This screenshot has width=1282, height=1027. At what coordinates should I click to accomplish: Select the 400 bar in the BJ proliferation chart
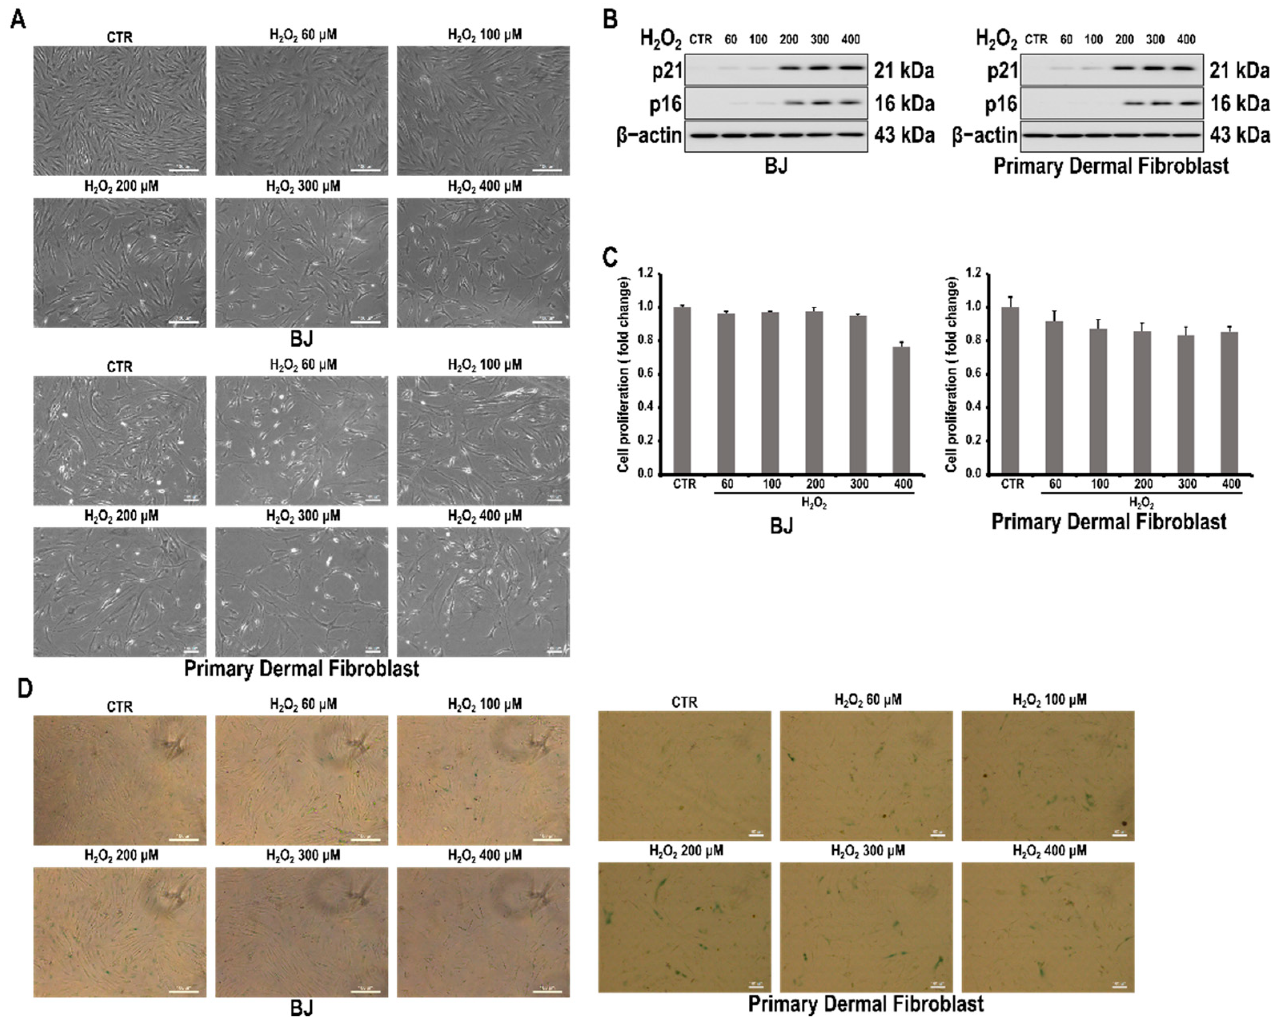click(901, 410)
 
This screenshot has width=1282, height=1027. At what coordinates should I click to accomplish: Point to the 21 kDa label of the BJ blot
click(903, 71)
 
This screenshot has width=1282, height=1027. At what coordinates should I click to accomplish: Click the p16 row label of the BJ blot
click(665, 105)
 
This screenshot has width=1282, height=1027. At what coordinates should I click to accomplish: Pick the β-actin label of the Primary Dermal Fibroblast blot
click(984, 136)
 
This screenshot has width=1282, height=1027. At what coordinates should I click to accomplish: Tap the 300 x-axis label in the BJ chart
click(858, 484)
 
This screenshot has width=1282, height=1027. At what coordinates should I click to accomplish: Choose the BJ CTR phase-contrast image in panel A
click(120, 111)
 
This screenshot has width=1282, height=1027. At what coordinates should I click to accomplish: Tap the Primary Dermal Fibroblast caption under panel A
click(301, 668)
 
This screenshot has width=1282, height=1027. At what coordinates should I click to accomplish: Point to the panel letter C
click(611, 257)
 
